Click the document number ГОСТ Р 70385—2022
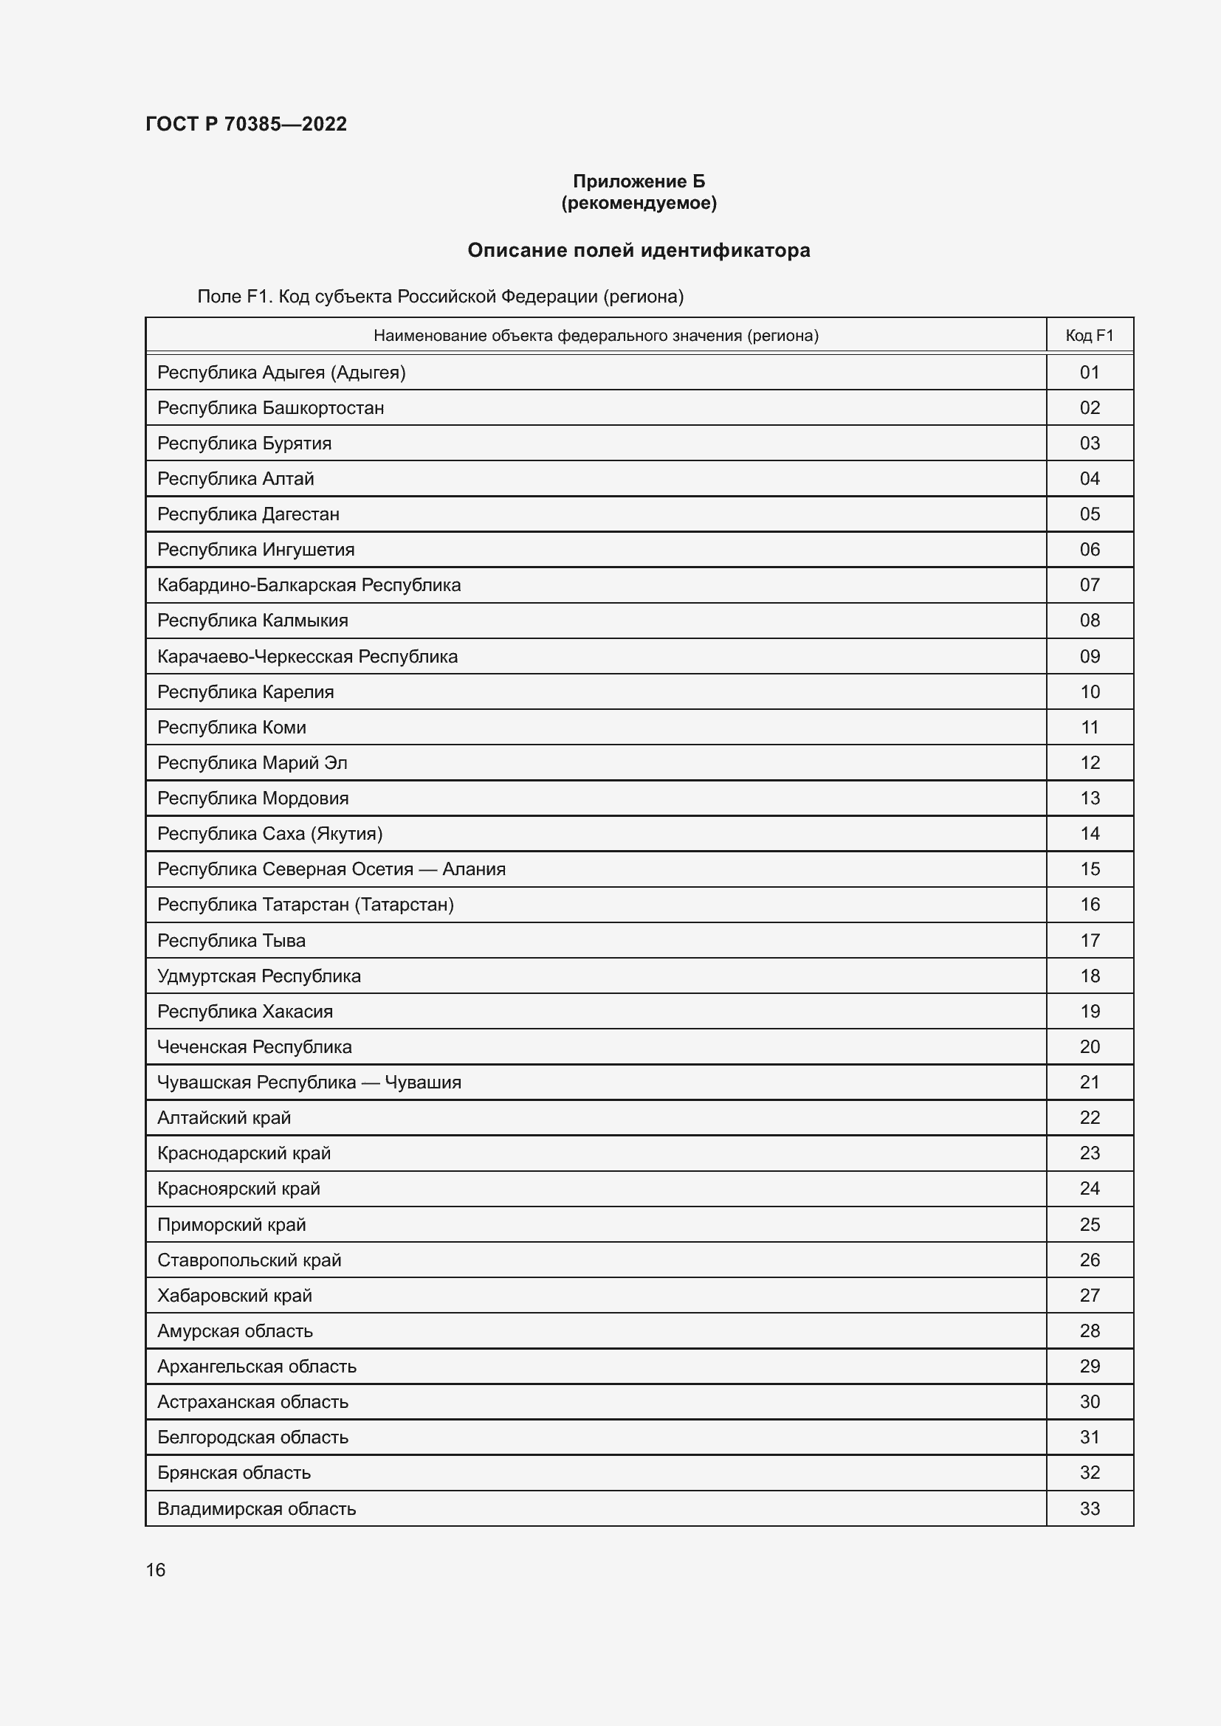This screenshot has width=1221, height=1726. pyautogui.click(x=246, y=124)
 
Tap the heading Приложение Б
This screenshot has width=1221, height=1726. pyautogui.click(x=639, y=182)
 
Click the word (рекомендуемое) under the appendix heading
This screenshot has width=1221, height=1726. pyautogui.click(x=639, y=203)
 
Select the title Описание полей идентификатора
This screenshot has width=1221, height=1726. pyautogui.click(x=639, y=250)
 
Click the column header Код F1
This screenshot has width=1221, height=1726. pyautogui.click(x=1089, y=335)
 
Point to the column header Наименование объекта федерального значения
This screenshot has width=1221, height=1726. pyautogui.click(x=596, y=335)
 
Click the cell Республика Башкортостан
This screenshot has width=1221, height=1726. pyautogui.click(x=271, y=407)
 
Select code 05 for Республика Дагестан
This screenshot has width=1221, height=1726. pyautogui.click(x=1089, y=514)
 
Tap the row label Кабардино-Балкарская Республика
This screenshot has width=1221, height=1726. pyautogui.click(x=309, y=585)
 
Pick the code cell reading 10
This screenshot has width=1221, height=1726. pyautogui.click(x=1089, y=691)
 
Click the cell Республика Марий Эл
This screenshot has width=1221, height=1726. pyautogui.click(x=252, y=762)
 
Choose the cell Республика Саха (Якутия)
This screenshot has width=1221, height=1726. pyautogui.click(x=269, y=834)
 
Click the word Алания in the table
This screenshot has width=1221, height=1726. pyautogui.click(x=474, y=869)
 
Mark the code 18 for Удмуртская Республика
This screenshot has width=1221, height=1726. pyautogui.click(x=1089, y=976)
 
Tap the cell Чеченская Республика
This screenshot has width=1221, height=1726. pyautogui.click(x=254, y=1046)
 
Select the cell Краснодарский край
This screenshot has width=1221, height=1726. pyautogui.click(x=244, y=1153)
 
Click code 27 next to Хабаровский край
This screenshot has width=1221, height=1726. pyautogui.click(x=1089, y=1295)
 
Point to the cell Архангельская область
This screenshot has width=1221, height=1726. pyautogui.click(x=256, y=1366)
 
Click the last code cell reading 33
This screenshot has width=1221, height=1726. pyautogui.click(x=1089, y=1509)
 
